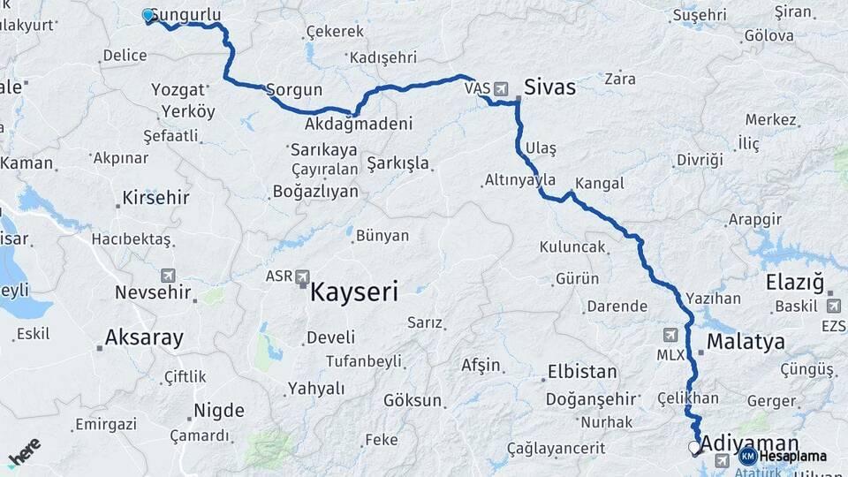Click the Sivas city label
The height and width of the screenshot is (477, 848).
click(x=549, y=87)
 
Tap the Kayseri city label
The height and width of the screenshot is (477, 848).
click(x=353, y=291)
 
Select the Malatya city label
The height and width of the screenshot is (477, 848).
click(x=746, y=342)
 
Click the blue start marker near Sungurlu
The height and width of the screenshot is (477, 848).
click(x=148, y=15)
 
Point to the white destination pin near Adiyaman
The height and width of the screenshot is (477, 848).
click(x=693, y=448)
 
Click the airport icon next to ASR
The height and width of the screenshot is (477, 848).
click(x=304, y=276)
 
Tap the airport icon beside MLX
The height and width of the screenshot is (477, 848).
click(x=670, y=336)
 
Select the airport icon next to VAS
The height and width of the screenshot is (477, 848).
click(x=502, y=88)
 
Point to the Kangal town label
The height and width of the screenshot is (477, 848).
click(x=599, y=184)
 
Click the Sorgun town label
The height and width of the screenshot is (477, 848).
click(x=294, y=90)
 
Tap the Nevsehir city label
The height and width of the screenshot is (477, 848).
click(x=153, y=292)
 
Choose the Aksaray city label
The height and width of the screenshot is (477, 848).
click(x=144, y=337)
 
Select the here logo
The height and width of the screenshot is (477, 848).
click(x=24, y=451)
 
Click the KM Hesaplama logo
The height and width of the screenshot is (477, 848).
click(x=784, y=456)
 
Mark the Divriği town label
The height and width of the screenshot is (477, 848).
click(x=700, y=160)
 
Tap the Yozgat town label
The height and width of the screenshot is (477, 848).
click(x=178, y=90)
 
